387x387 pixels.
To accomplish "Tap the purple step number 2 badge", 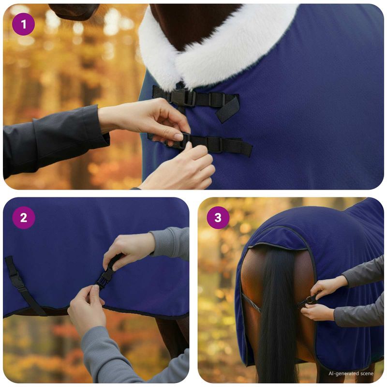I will pos(24,218).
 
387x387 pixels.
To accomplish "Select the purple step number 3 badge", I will pos(218,218).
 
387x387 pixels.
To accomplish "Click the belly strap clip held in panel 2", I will pos(106,276).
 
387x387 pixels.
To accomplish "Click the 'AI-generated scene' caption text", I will pos(351,373).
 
